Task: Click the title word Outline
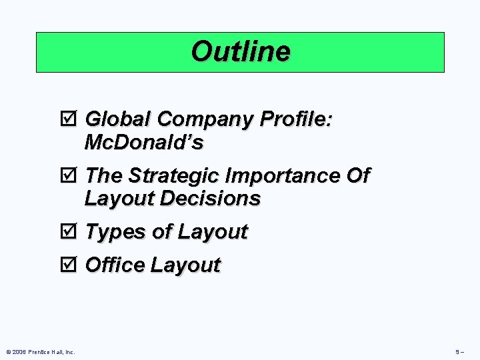click(240, 51)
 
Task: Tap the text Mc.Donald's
click(144, 143)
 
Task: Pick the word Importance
click(283, 177)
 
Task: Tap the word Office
click(115, 265)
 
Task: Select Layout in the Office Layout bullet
click(185, 266)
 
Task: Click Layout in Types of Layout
click(212, 233)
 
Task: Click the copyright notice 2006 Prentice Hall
click(40, 351)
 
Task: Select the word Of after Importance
click(358, 176)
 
